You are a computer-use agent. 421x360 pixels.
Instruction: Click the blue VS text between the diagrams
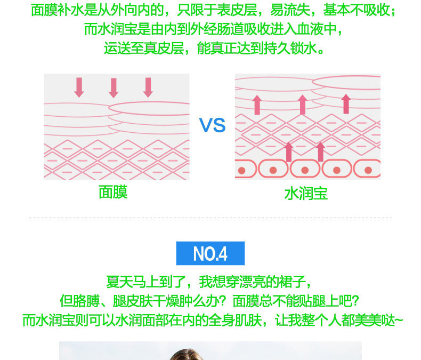[212, 126]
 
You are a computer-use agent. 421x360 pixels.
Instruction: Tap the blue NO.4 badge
[210, 253]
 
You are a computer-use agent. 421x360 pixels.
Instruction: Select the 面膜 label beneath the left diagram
[113, 192]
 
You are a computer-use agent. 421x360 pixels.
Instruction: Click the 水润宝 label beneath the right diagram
[306, 193]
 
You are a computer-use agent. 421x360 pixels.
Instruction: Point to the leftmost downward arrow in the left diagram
[79, 87]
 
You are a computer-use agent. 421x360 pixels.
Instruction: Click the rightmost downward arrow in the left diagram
[148, 87]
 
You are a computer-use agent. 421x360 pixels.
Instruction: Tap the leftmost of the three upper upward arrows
[257, 105]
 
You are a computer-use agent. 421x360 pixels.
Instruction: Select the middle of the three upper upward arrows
[302, 104]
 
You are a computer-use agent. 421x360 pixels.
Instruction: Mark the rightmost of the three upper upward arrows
[346, 103]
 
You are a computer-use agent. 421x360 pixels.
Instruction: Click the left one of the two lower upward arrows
[289, 152]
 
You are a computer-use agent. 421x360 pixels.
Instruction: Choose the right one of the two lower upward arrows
[320, 151]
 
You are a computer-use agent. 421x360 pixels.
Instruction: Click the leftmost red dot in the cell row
[241, 170]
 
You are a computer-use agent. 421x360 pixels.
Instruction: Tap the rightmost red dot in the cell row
[368, 170]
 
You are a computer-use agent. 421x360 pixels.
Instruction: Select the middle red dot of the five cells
[305, 170]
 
